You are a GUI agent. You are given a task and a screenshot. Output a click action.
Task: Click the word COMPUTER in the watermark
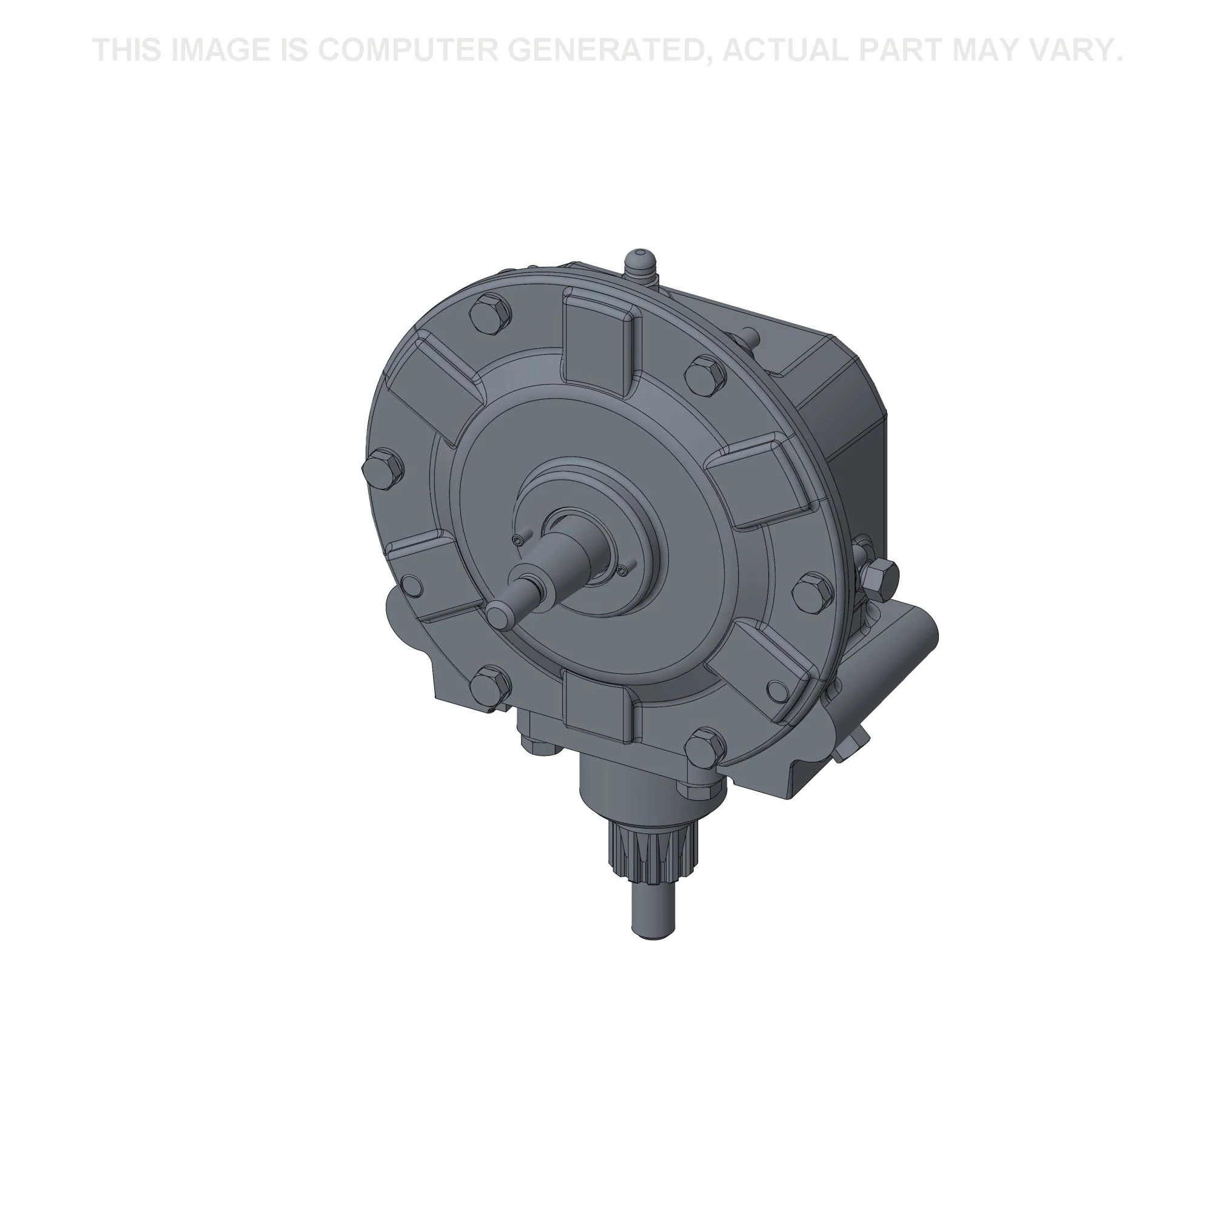[x=405, y=50]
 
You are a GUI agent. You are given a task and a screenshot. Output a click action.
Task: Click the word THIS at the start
[x=127, y=50]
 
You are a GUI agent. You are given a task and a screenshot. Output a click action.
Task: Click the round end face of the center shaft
[x=500, y=614]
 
